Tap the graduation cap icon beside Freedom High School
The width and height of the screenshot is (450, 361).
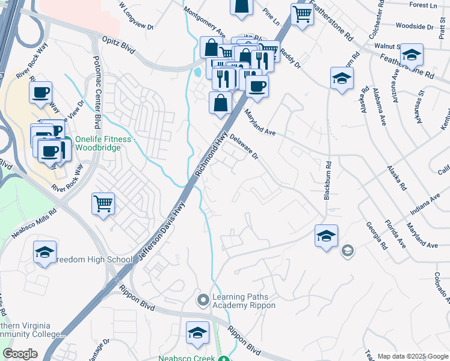coord(45,253)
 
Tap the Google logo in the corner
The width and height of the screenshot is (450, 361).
coord(20,354)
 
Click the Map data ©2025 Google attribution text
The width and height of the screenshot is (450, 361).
coord(412,356)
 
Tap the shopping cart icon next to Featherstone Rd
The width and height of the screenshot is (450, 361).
coord(302,14)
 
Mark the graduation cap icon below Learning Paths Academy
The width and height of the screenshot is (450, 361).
coord(197,333)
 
